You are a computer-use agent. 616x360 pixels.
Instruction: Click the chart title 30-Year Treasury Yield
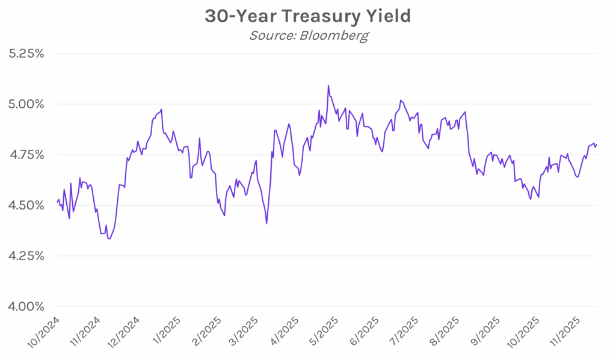pos(307,16)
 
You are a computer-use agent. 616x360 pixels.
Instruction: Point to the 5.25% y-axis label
pos(26,54)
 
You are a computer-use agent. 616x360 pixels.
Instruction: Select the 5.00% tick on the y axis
pos(26,104)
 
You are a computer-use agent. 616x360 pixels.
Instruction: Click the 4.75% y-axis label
pos(26,155)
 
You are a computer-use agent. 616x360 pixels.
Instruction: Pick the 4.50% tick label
pos(26,205)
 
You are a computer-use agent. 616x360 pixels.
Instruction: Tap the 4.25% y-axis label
pos(26,256)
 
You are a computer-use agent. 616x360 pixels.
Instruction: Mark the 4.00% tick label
pos(26,306)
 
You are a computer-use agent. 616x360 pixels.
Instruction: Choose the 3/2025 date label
pos(244,331)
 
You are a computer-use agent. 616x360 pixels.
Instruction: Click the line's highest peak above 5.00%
pos(328,85)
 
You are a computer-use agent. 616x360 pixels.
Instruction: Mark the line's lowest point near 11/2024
pos(109,239)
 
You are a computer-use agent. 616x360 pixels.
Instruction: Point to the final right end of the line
pos(596,144)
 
